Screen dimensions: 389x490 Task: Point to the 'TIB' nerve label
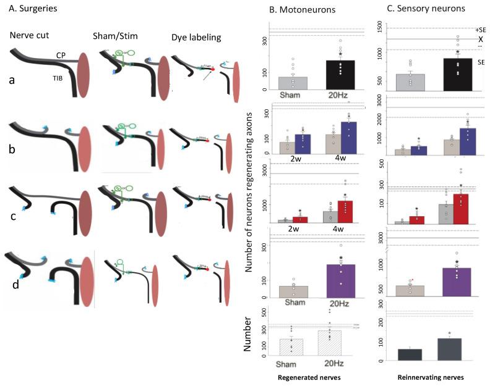coord(60,78)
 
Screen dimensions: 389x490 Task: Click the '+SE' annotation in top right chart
coord(480,30)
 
